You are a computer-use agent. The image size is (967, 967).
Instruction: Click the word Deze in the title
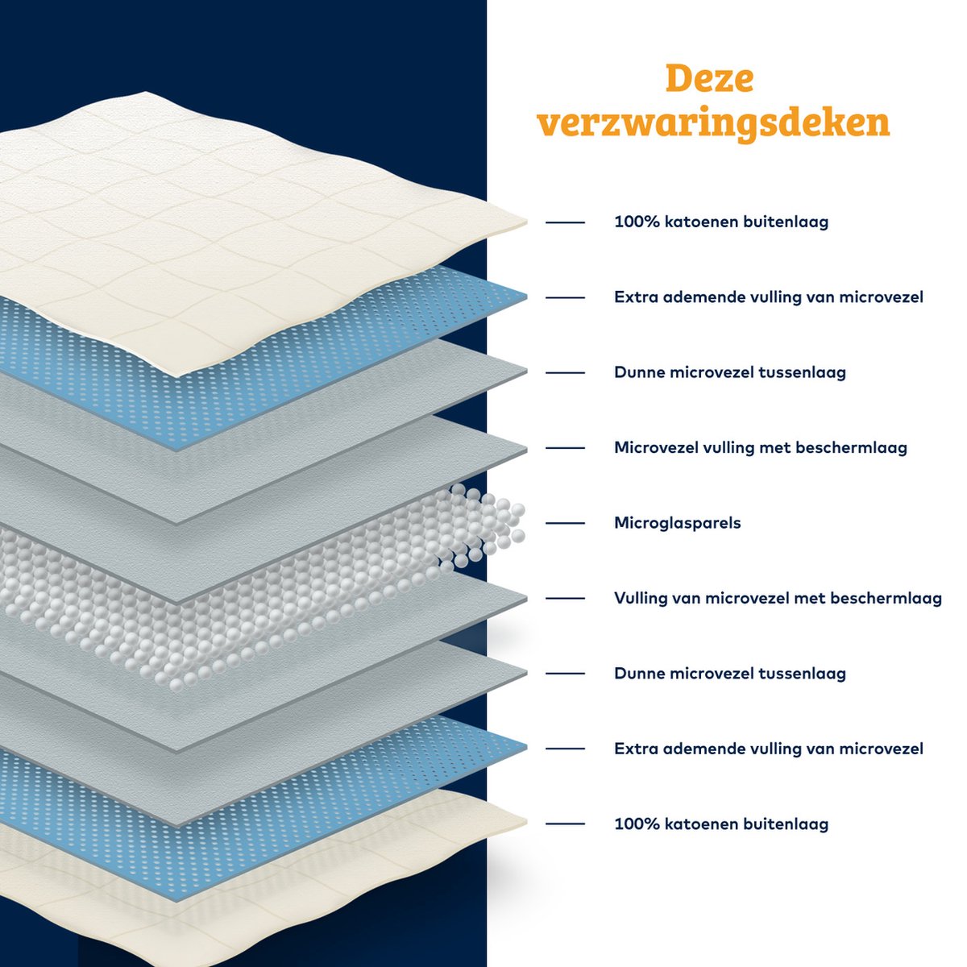click(x=709, y=80)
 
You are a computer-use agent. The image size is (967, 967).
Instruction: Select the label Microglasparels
click(x=677, y=523)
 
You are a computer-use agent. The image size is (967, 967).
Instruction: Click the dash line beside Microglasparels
click(x=565, y=523)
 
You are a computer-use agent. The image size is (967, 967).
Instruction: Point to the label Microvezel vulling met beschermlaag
click(x=760, y=447)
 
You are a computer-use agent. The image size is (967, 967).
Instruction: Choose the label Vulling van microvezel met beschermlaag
click(x=778, y=598)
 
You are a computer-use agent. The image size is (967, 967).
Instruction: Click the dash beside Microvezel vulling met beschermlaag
click(x=565, y=447)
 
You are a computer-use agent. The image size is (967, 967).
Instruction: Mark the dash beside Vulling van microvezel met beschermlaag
click(x=565, y=598)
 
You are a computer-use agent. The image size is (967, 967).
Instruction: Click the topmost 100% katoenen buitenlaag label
click(x=721, y=222)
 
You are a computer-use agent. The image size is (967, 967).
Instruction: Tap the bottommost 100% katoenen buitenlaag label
click(x=721, y=824)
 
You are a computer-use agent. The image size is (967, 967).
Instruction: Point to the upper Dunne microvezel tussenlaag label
click(x=730, y=372)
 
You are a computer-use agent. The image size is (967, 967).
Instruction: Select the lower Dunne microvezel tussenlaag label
click(x=730, y=673)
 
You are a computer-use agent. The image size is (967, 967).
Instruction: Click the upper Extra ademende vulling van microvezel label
click(x=768, y=297)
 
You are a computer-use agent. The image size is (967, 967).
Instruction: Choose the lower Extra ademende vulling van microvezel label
click(x=768, y=749)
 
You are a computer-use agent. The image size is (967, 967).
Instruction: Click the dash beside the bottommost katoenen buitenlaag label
click(x=565, y=824)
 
